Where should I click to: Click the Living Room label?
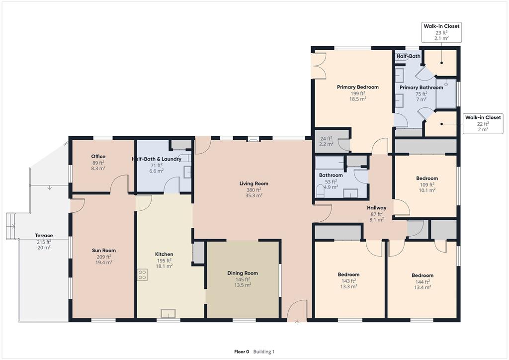click(254, 183)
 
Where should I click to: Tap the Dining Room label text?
click(243, 273)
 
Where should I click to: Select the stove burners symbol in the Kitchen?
click(143, 274)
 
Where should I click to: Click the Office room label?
click(98, 157)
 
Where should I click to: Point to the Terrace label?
click(44, 236)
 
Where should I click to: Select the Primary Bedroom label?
click(357, 87)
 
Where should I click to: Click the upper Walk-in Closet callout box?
click(441, 32)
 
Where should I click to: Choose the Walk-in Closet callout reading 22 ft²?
click(483, 123)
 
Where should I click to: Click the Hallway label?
click(376, 208)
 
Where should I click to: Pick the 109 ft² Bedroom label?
click(426, 179)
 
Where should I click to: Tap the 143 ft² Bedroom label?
click(348, 274)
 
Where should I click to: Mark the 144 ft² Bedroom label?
click(422, 275)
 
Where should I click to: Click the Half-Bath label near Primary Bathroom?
click(409, 56)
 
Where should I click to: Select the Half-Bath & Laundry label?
click(157, 159)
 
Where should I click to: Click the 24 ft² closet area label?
click(326, 139)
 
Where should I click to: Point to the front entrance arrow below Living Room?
click(297, 323)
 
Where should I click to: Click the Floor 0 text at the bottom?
click(241, 352)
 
